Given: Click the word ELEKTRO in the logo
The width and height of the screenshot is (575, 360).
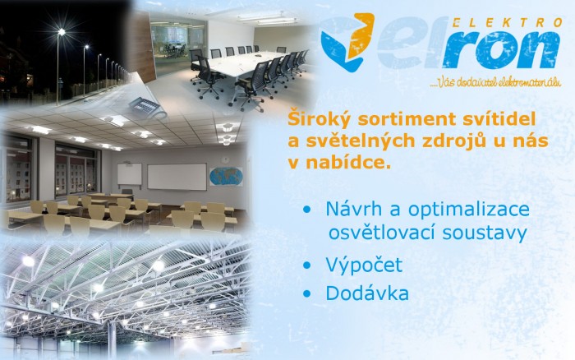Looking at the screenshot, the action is click(507, 23).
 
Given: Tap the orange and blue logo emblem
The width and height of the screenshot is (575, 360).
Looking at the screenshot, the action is click(347, 41).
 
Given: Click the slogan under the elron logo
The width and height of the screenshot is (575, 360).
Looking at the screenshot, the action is click(495, 82).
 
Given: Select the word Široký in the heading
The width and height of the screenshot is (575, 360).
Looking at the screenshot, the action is click(319, 120).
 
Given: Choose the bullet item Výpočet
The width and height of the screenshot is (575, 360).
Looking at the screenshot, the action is click(364, 265).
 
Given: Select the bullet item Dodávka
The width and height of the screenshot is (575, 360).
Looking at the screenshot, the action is click(367, 293).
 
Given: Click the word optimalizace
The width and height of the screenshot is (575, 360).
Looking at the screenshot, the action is click(469, 210).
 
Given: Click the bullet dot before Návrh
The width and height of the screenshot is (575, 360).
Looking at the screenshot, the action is click(306, 210).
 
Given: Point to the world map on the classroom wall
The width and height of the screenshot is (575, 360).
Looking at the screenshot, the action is click(226, 176).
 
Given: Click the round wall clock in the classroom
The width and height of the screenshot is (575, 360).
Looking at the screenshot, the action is click(225, 159).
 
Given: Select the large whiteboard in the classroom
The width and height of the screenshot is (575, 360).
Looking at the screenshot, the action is click(177, 177).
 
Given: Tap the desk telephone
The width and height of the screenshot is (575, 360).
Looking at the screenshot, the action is click(147, 106).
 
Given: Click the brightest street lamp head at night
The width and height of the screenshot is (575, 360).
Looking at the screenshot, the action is click(62, 32).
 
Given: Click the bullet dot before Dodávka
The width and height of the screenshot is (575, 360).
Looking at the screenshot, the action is click(306, 293).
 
